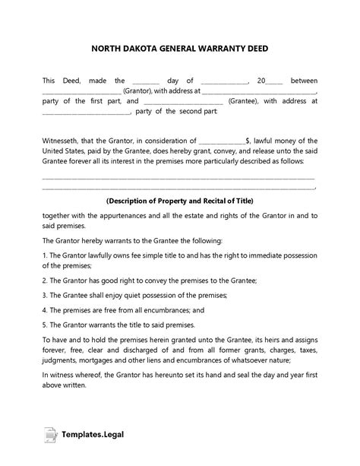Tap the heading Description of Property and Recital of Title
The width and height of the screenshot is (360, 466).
180,201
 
